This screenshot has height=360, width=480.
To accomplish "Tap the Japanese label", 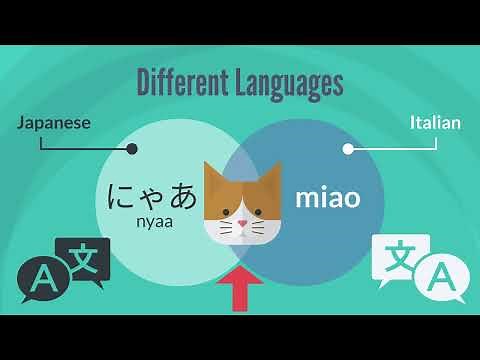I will (54, 123).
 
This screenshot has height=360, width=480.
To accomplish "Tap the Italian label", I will (435, 123).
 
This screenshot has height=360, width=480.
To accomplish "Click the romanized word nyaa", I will (155, 222).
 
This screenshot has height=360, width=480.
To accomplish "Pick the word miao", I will (327, 197).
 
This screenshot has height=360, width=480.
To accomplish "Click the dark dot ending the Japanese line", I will (132, 149).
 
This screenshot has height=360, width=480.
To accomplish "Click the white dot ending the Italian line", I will (348, 149).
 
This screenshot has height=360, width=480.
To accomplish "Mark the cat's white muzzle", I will (241, 230).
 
